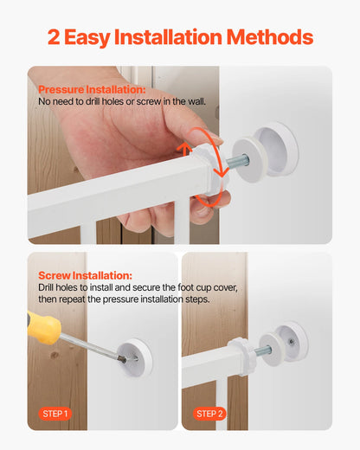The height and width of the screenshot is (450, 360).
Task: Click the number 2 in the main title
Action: pyautogui.click(x=55, y=37)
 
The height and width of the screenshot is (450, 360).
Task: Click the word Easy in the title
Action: pyautogui.click(x=97, y=37)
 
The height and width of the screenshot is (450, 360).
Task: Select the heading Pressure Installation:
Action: pyautogui.click(x=92, y=89)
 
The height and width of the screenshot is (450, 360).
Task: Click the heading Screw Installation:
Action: pyautogui.click(x=85, y=275)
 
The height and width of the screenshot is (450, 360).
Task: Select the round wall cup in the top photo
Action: pyautogui.click(x=274, y=148)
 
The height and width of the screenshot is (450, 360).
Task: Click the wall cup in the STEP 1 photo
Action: pyautogui.click(x=135, y=357)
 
